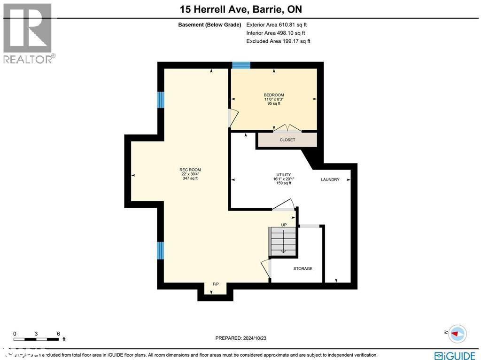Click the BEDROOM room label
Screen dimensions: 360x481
point(273,95)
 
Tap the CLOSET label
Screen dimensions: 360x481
point(287,140)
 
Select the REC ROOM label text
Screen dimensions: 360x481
point(190,170)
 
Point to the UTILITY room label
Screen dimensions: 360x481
point(283,175)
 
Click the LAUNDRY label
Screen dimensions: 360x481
point(330,180)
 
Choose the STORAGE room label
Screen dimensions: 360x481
point(303,268)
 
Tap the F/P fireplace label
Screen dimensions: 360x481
point(216,284)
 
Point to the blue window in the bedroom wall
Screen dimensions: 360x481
point(241,65)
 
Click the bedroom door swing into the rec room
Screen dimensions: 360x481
point(233,118)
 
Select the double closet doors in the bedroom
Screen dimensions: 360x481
point(287,128)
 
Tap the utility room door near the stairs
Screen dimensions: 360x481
point(284,205)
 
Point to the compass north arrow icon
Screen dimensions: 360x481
point(457,333)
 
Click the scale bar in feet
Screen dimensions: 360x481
point(37,338)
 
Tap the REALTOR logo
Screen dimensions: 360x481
point(28,33)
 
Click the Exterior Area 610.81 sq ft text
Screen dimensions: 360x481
point(277,25)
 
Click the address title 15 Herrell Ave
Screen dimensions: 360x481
point(240,9)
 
